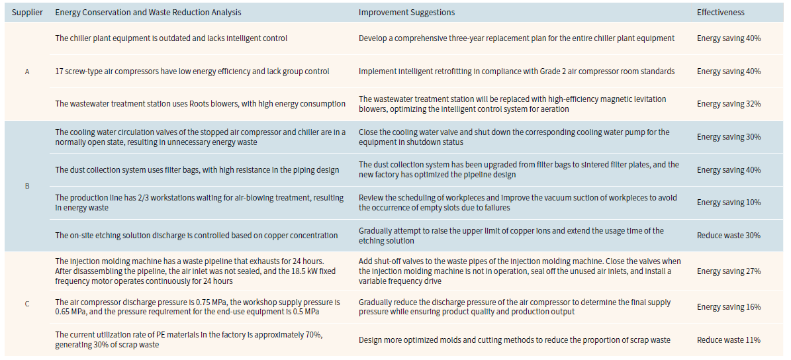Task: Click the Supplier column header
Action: pyautogui.click(x=27, y=13)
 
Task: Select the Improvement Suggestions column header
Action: pyautogui.click(x=406, y=13)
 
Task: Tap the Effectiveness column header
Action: pyautogui.click(x=720, y=13)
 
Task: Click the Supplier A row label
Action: pyautogui.click(x=27, y=71)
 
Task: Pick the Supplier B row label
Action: pyautogui.click(x=27, y=186)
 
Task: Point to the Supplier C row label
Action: pyautogui.click(x=27, y=304)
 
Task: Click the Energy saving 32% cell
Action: pyautogui.click(x=729, y=104)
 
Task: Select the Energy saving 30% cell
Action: pyautogui.click(x=729, y=137)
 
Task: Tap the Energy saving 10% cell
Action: pyautogui.click(x=729, y=202)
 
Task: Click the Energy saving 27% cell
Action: pyautogui.click(x=729, y=271)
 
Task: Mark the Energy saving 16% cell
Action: pyautogui.click(x=729, y=307)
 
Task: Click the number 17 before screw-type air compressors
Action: pyautogui.click(x=59, y=71)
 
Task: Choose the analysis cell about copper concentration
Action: pyautogui.click(x=197, y=236)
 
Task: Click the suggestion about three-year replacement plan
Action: pyautogui.click(x=516, y=38)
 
